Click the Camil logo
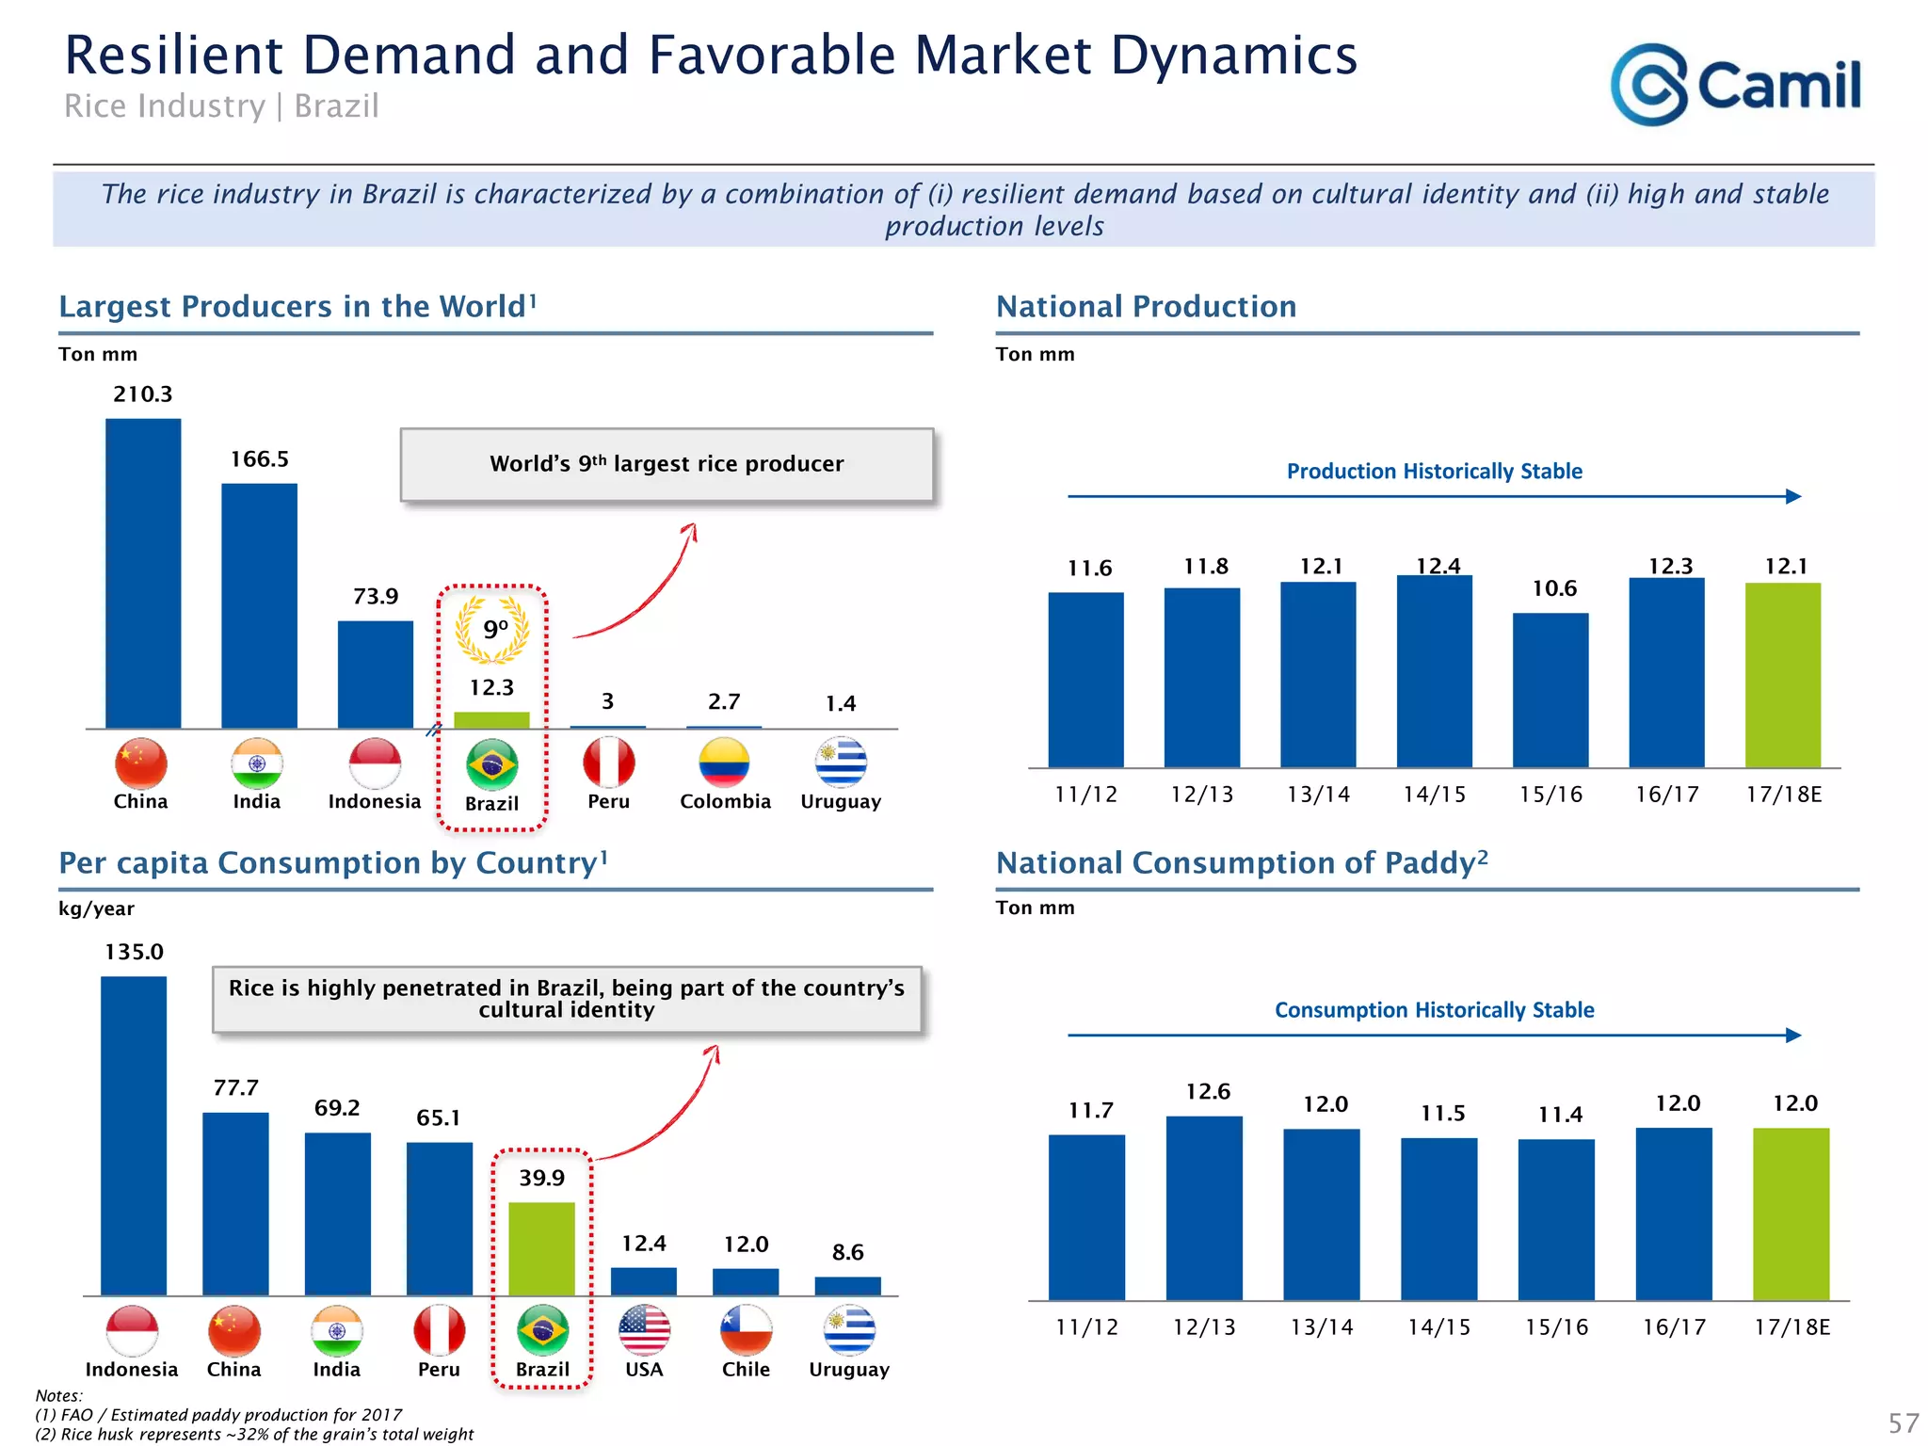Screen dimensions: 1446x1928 tap(1735, 85)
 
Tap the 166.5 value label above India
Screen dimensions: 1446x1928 tap(260, 459)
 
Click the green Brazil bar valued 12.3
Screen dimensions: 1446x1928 tap(491, 720)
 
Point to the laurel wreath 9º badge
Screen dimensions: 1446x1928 tap(492, 629)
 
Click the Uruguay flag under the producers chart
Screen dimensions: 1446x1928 tap(841, 763)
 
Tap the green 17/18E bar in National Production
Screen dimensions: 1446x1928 tap(1782, 675)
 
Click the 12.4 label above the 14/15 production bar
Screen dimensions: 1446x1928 tap(1438, 566)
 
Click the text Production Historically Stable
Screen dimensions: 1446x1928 tap(1434, 471)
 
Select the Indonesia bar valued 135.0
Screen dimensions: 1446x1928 tap(134, 1135)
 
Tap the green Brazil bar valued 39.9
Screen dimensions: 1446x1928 tap(541, 1248)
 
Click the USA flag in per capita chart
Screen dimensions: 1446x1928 tap(644, 1330)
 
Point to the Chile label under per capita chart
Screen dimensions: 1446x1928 tap(746, 1369)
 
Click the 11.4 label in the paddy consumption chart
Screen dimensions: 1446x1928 tap(1560, 1115)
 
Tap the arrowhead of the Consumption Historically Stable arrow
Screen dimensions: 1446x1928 tap(1793, 1036)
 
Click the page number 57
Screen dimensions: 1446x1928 tap(1903, 1422)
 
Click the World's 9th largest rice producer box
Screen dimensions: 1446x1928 tap(667, 464)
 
